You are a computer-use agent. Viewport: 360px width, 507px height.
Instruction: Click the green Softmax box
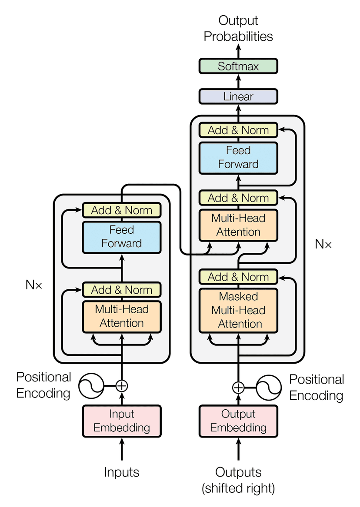point(238,66)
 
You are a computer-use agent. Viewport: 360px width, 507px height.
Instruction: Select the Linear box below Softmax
point(238,96)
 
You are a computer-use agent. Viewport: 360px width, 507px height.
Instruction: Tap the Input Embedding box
point(122,421)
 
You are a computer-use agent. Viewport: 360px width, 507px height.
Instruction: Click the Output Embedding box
point(238,421)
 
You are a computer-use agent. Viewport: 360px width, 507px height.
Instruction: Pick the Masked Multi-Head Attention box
point(238,310)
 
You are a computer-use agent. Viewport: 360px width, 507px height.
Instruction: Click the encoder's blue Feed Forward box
point(122,237)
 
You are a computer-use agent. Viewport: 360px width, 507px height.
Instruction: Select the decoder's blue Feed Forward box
point(238,157)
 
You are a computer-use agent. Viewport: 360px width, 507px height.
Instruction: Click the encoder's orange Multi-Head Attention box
point(122,316)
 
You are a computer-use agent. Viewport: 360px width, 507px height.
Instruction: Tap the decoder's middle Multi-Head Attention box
point(238,225)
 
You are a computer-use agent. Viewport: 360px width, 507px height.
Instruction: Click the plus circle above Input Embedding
point(122,385)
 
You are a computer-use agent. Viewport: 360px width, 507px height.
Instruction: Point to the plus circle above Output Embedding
point(238,387)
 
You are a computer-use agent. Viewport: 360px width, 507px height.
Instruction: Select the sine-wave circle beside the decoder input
point(269,387)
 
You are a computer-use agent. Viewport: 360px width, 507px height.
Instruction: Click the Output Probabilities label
point(238,28)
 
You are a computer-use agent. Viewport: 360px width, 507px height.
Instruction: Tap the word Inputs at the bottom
point(122,472)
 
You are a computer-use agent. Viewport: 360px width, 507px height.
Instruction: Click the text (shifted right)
point(238,488)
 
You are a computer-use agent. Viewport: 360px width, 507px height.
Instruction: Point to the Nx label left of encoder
point(34,285)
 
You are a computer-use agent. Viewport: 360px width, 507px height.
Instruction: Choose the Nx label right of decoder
point(323,244)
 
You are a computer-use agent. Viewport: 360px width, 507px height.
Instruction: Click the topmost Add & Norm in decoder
point(238,130)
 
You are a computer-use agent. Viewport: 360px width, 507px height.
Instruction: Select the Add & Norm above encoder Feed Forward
point(122,210)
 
